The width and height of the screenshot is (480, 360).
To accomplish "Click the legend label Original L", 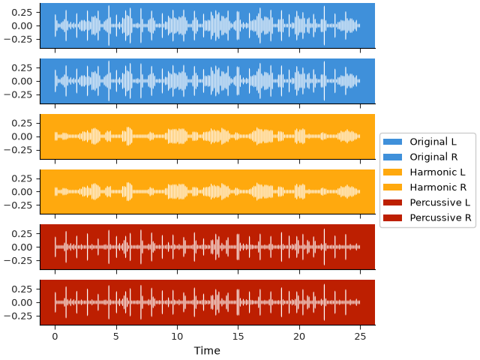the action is click(x=433, y=142).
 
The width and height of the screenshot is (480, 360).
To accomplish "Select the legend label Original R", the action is click(x=433, y=157).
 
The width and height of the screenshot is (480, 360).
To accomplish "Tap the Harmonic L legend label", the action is click(x=437, y=172).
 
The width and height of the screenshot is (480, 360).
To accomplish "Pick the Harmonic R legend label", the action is click(x=438, y=187).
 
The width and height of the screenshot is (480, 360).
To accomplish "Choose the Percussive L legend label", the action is click(x=440, y=202).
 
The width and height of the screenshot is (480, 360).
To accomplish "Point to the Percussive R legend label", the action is click(x=440, y=217).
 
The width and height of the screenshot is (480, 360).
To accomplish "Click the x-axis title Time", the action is click(x=207, y=350).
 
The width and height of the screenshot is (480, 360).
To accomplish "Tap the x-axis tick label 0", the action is click(x=55, y=337).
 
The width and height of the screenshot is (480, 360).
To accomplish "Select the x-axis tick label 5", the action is click(x=116, y=337).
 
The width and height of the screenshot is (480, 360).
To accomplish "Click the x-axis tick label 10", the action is click(x=177, y=337).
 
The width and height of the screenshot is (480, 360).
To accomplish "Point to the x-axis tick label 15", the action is click(x=238, y=337).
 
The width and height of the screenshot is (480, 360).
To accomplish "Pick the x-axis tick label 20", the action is click(x=299, y=337).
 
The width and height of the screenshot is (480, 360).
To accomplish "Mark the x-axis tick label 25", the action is click(x=360, y=337).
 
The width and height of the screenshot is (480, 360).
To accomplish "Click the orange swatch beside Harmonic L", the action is click(x=392, y=172).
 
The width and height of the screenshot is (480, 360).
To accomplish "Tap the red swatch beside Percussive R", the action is click(x=392, y=217).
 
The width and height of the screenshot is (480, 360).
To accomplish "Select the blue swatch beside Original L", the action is click(x=392, y=142).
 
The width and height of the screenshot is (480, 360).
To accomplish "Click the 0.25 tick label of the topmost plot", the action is click(x=22, y=12).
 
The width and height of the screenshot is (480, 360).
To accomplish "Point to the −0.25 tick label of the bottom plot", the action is click(x=18, y=316).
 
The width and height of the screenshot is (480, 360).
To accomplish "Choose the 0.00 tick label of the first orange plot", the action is click(x=22, y=136).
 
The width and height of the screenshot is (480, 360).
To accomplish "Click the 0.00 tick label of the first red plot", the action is click(x=22, y=247).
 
